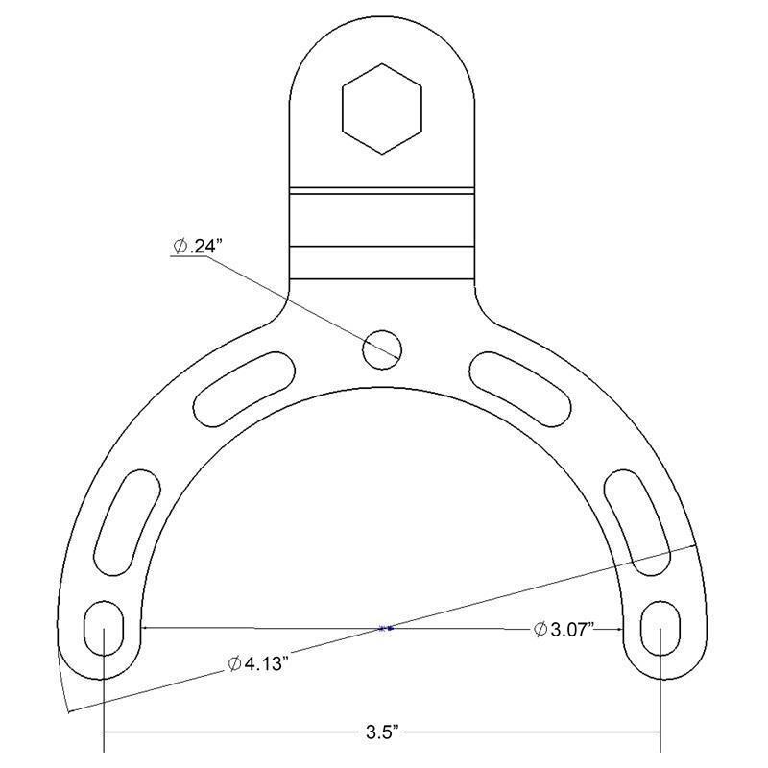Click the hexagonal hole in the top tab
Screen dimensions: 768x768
(x=381, y=108)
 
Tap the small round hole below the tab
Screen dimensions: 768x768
(x=382, y=349)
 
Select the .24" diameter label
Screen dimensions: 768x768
(x=195, y=246)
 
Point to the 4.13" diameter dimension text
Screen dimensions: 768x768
(x=256, y=664)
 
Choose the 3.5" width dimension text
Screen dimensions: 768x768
(x=383, y=732)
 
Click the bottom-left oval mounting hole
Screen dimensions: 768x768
(x=104, y=628)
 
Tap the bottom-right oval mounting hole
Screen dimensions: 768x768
(x=660, y=628)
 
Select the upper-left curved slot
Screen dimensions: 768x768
(x=245, y=389)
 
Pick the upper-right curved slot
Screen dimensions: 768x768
(x=520, y=389)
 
